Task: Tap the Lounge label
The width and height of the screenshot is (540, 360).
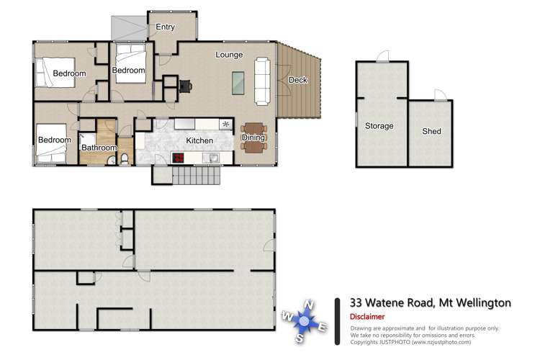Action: [229, 55]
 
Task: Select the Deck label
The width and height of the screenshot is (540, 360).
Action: [297, 80]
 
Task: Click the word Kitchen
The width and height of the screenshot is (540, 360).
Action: [199, 140]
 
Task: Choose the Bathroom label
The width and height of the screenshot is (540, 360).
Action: [99, 148]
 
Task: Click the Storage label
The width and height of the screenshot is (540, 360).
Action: [379, 126]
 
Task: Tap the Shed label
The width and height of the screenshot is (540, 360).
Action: [431, 132]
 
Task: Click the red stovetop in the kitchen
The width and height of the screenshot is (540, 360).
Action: [178, 158]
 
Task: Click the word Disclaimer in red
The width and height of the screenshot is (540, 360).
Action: [367, 317]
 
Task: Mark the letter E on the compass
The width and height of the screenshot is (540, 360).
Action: [323, 328]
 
